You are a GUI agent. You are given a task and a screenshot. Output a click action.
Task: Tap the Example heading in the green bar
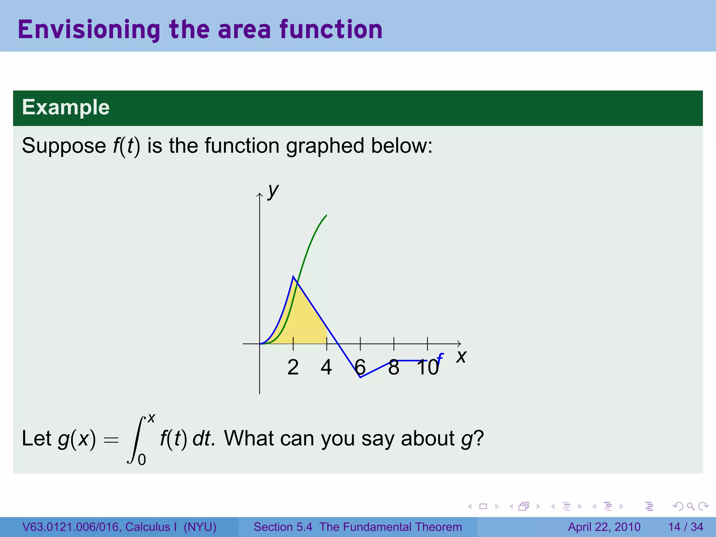(x=66, y=107)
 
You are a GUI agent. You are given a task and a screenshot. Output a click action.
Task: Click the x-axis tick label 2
(x=293, y=367)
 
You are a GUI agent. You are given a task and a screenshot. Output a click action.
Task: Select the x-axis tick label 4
(x=326, y=367)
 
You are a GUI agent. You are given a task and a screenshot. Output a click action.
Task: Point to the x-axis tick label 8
(x=394, y=367)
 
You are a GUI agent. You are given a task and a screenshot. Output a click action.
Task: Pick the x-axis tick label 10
(x=427, y=367)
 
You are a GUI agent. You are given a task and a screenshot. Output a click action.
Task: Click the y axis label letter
(x=273, y=191)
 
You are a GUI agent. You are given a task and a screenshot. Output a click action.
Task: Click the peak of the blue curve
(x=293, y=277)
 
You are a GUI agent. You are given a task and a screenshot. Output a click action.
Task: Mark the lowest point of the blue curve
(x=360, y=377)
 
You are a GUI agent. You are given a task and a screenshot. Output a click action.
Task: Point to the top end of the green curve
(x=326, y=215)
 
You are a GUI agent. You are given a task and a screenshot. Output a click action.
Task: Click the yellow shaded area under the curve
(x=304, y=322)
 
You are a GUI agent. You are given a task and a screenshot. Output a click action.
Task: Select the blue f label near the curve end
(x=440, y=359)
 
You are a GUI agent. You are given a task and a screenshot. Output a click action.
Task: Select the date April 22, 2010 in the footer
(x=604, y=527)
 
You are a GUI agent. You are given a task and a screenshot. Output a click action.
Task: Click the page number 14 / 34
(x=686, y=527)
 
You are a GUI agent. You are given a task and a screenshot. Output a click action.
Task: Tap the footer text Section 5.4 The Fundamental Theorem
(x=358, y=527)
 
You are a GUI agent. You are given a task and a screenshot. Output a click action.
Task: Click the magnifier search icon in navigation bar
(x=690, y=506)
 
